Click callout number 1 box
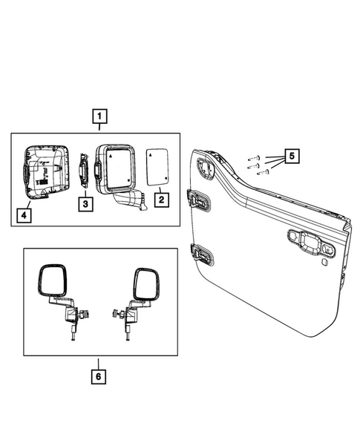99,116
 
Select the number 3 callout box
85,202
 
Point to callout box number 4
25,217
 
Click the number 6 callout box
99,376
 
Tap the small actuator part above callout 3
85,172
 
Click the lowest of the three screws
261,174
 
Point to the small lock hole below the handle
326,261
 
